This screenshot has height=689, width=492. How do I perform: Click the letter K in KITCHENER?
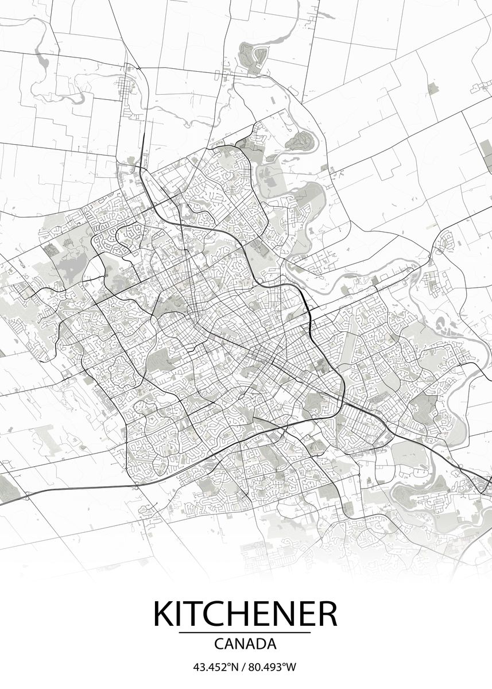(163, 614)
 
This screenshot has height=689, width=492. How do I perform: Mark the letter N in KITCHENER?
(280, 614)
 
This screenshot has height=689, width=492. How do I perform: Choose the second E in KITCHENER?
(304, 614)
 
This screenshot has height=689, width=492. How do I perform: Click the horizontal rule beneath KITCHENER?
(245, 633)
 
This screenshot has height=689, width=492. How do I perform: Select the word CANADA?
(245, 644)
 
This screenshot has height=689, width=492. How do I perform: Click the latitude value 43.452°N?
(215, 667)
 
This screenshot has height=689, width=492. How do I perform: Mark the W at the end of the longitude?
(292, 667)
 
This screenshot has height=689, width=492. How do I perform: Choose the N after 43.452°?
(234, 667)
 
